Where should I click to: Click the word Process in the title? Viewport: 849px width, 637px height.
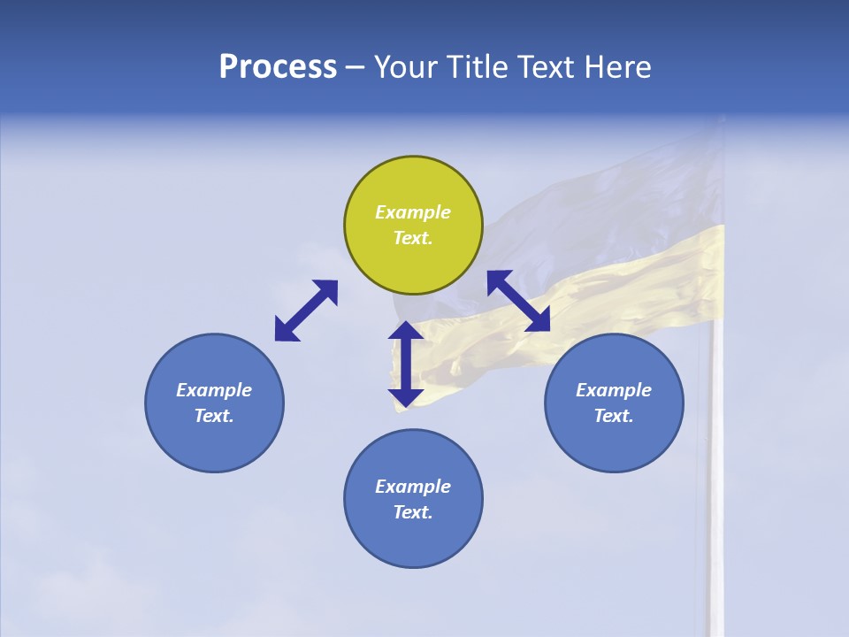click(x=278, y=67)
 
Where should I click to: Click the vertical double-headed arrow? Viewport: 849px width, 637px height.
click(x=406, y=365)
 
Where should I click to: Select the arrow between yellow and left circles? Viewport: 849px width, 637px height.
click(x=306, y=311)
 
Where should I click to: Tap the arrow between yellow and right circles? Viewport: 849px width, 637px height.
click(x=519, y=301)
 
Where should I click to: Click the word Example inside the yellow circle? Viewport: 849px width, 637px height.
click(x=413, y=212)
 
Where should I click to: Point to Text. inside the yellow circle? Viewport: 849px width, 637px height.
click(x=413, y=238)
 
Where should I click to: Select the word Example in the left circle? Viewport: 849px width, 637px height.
click(x=214, y=390)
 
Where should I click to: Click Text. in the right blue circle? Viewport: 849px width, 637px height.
click(x=614, y=416)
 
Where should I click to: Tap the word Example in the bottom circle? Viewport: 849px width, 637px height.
click(x=413, y=487)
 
